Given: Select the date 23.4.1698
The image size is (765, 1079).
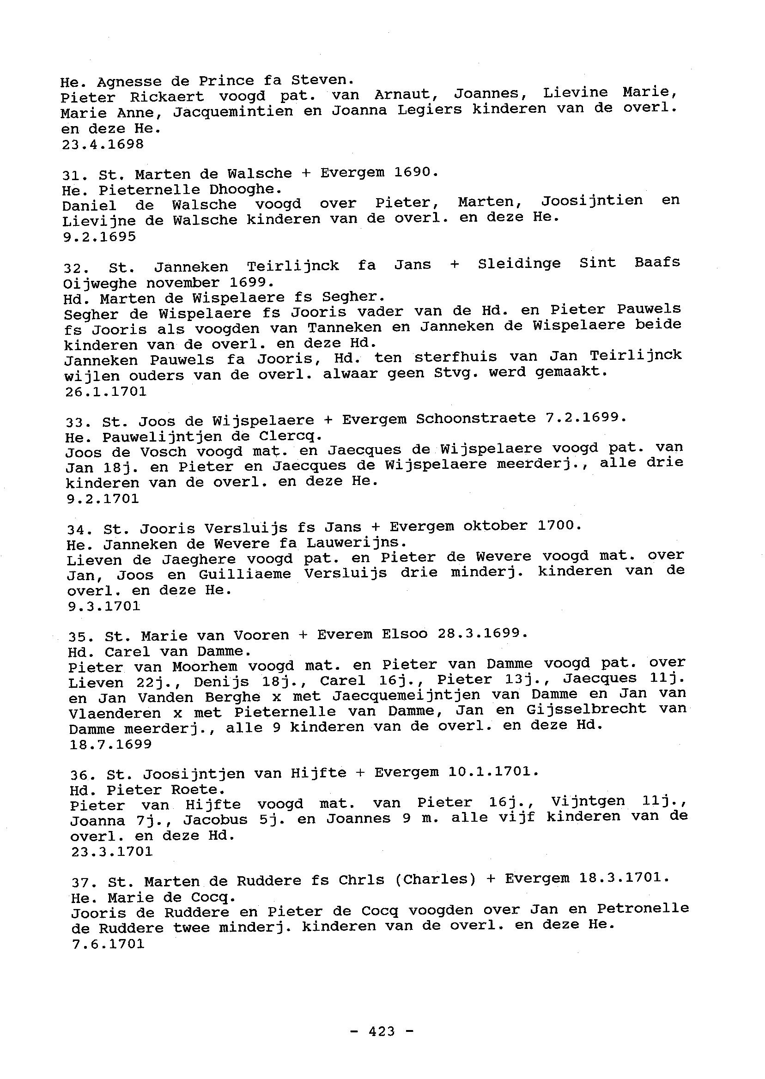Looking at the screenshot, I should (x=103, y=144).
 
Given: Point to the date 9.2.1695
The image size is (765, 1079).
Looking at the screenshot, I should (x=99, y=236).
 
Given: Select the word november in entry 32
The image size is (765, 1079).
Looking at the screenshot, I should (x=183, y=283).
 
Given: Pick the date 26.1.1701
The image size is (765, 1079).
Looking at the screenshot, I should (x=106, y=391).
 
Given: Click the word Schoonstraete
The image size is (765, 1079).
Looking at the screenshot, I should (x=475, y=418).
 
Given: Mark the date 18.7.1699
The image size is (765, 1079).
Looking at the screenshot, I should (x=111, y=744).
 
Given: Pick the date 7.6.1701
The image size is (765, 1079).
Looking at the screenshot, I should (x=108, y=944).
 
